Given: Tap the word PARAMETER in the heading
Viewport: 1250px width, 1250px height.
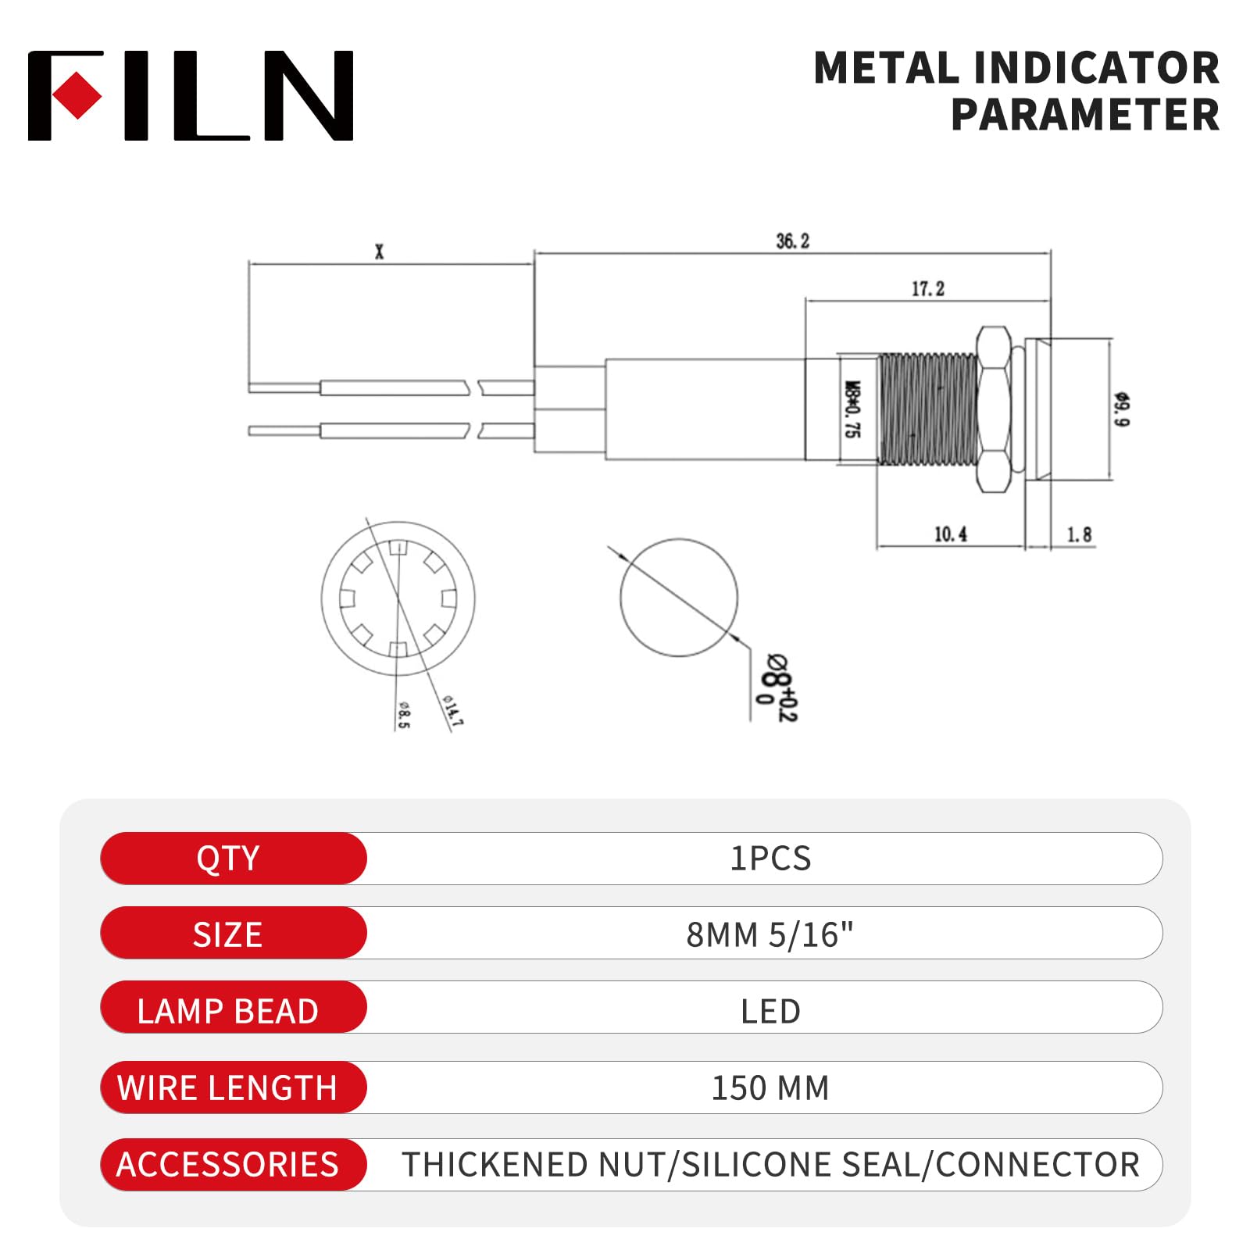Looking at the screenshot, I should [1084, 115].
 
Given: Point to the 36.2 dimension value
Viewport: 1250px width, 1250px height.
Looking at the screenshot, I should [792, 241].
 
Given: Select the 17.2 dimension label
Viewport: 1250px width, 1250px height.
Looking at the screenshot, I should [927, 289].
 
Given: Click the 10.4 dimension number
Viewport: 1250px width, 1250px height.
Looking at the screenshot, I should [950, 534].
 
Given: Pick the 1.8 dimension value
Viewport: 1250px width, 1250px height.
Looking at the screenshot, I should [1079, 534].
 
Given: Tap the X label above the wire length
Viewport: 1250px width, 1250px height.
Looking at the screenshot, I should [380, 252].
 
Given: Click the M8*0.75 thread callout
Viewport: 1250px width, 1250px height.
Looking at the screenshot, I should [853, 409].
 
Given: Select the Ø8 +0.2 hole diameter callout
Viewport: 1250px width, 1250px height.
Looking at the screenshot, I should [777, 687].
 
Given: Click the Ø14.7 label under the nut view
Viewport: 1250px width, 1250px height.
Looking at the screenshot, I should [452, 710].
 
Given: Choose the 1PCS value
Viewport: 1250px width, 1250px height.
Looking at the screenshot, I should [770, 858].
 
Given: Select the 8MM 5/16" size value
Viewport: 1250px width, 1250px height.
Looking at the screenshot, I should [770, 934].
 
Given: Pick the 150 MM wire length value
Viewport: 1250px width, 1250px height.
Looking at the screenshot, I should [770, 1087].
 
